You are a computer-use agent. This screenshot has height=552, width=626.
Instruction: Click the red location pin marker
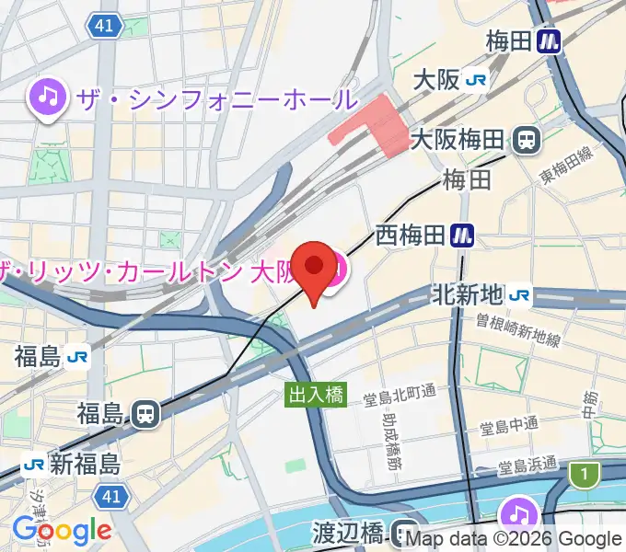315,268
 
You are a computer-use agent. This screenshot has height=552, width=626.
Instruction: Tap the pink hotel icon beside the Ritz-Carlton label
337,269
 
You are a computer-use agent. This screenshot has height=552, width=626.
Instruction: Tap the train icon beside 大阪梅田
527,140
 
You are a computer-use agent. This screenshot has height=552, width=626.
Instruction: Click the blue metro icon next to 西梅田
463,237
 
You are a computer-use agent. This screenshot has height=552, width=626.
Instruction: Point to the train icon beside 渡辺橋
403,532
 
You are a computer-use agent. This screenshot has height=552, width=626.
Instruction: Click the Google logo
62,531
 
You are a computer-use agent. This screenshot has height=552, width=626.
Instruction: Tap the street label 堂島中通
509,428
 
